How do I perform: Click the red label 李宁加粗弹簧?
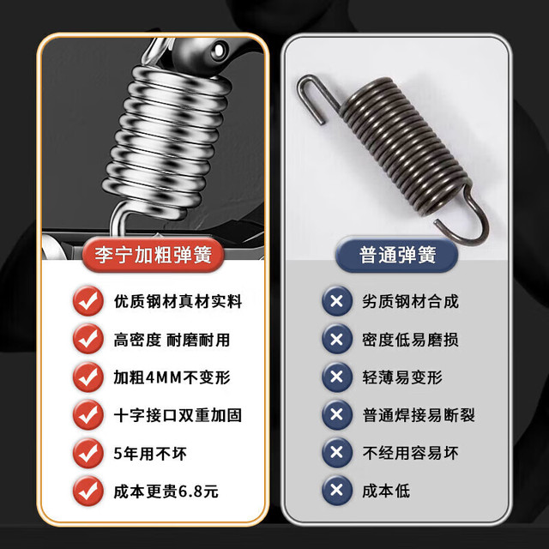(x=153, y=255)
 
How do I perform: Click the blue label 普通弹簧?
(x=396, y=255)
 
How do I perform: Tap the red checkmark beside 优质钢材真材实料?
(x=88, y=301)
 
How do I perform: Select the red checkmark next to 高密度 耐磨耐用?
(x=88, y=339)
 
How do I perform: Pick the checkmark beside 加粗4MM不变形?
(x=88, y=377)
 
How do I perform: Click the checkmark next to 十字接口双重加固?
(x=88, y=415)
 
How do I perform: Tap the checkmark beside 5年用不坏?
(x=88, y=453)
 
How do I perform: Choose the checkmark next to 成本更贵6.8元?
(x=88, y=491)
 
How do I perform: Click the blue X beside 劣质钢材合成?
(x=337, y=301)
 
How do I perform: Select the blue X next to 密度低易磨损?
(x=337, y=339)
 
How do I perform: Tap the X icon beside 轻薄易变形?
(x=337, y=377)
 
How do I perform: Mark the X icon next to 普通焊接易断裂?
(x=337, y=415)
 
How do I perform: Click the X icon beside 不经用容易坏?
(x=337, y=452)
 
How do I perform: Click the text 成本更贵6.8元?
(x=166, y=492)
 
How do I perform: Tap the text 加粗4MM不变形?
(x=172, y=377)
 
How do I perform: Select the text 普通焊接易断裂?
(x=419, y=415)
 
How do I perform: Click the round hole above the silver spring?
(x=220, y=50)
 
